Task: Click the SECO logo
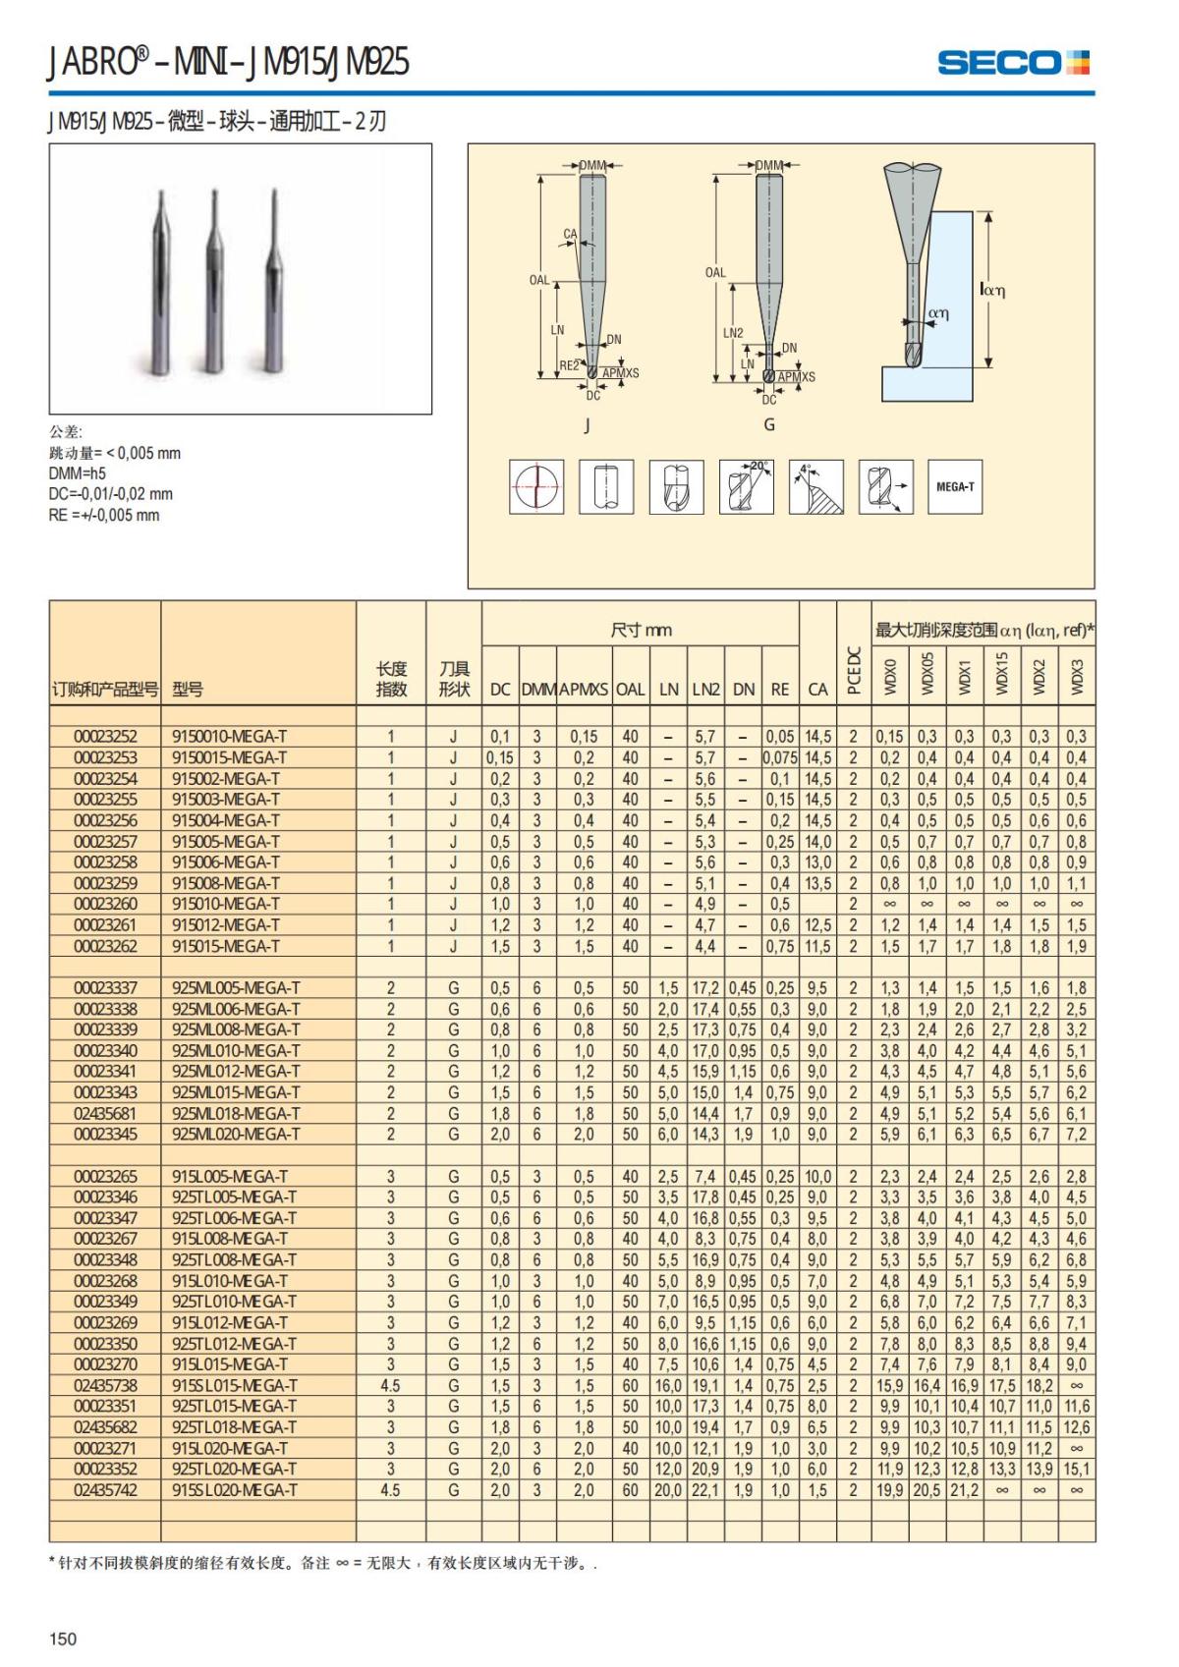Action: click(x=1013, y=63)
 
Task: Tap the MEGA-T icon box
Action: click(x=954, y=486)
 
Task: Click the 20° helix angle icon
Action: click(x=746, y=486)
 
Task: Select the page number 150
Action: click(x=63, y=1639)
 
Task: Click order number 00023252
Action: click(x=105, y=737)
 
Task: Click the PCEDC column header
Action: click(x=854, y=669)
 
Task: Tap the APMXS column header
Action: click(x=584, y=690)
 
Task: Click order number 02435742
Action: click(x=105, y=1490)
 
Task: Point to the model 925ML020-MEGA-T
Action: click(x=236, y=1135)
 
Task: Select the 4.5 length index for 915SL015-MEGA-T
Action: click(x=390, y=1386)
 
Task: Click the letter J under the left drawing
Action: click(x=588, y=424)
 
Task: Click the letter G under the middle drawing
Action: click(x=769, y=424)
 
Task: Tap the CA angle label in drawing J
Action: click(x=570, y=234)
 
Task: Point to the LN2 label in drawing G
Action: click(x=733, y=333)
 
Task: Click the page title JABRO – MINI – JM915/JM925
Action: click(x=228, y=63)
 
